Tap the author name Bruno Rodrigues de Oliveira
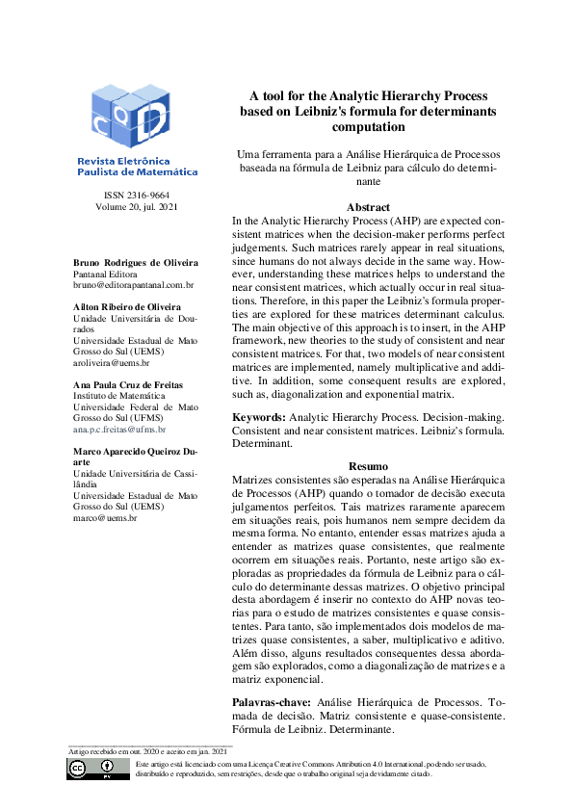[136, 262]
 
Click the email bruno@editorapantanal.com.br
[134, 285]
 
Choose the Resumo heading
[368, 465]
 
